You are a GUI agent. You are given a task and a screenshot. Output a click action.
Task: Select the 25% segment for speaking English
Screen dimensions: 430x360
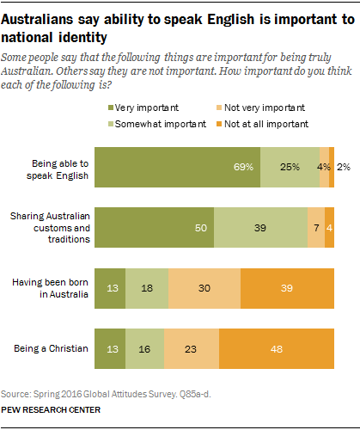(x=289, y=168)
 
